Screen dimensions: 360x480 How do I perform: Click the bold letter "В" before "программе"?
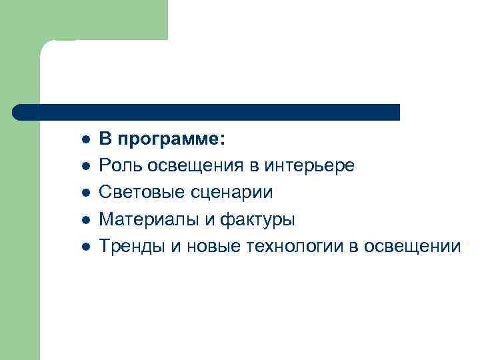pyautogui.click(x=105, y=139)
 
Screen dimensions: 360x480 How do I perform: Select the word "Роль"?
pyautogui.click(x=119, y=166)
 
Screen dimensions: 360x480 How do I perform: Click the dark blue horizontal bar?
pyautogui.click(x=207, y=112)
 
